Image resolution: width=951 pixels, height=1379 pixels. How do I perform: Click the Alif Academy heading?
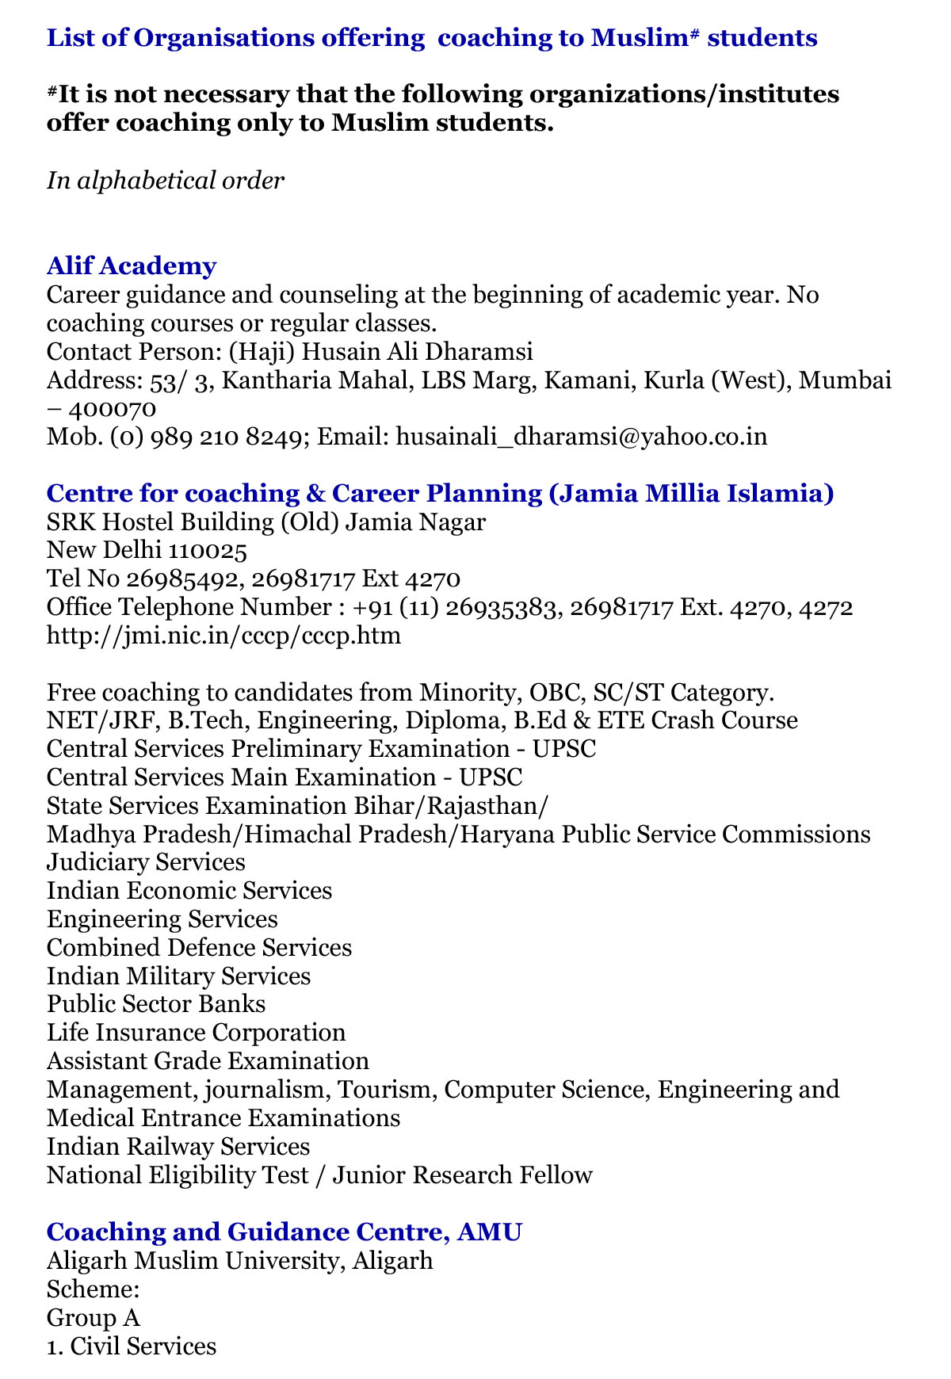point(132,266)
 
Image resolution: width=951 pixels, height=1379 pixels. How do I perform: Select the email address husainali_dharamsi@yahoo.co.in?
point(581,437)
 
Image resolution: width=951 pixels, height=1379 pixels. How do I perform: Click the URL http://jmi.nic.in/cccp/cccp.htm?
point(223,636)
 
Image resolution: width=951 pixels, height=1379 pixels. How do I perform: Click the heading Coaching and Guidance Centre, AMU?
point(285,1232)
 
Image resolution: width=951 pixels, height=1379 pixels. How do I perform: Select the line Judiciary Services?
point(146,862)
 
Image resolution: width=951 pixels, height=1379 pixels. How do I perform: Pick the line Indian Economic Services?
point(189,891)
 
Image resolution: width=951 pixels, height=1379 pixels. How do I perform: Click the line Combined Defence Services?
point(199,948)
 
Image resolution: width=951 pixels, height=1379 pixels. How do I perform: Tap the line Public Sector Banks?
point(156,1004)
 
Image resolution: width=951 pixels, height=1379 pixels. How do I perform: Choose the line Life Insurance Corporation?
point(197,1033)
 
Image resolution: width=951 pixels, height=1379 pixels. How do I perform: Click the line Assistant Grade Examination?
point(208,1061)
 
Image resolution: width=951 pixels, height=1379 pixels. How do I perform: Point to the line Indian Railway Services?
point(178,1147)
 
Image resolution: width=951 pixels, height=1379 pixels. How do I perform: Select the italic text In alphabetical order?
point(165,181)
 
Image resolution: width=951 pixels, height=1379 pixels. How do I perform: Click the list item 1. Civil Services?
point(131,1346)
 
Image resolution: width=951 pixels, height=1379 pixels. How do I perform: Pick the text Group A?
point(94,1317)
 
